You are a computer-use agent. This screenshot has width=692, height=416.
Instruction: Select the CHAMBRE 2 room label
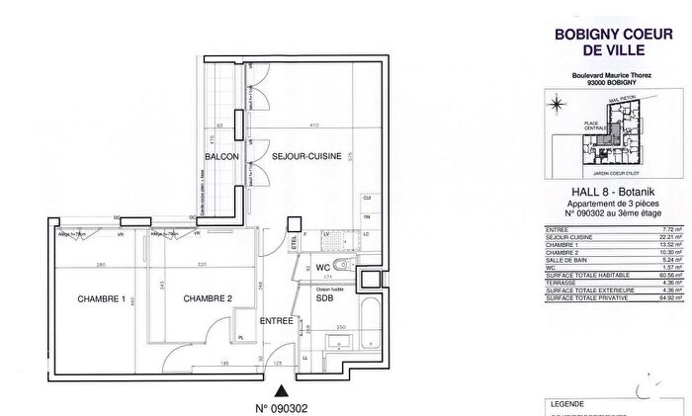tap(208, 299)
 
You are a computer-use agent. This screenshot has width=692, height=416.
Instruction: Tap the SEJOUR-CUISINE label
tap(296, 156)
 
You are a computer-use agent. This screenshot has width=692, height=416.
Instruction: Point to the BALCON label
tap(219, 156)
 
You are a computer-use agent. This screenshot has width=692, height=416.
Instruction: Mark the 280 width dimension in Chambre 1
tap(101, 266)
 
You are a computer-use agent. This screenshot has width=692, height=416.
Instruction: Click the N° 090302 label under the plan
tap(284, 405)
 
